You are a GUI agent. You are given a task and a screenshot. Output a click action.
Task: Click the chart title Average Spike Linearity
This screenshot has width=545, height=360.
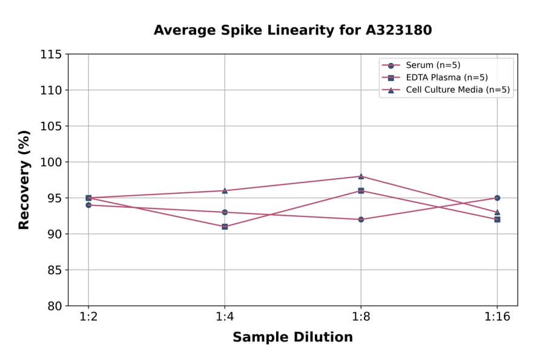292,30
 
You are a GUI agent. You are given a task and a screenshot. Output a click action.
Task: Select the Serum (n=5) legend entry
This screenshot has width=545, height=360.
429,65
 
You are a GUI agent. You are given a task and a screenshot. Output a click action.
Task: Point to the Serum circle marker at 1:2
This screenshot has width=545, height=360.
88,205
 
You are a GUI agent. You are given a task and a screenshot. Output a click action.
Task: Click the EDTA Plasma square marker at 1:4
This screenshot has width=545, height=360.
225,227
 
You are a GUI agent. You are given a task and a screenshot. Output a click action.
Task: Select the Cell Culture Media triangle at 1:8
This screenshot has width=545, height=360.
361,176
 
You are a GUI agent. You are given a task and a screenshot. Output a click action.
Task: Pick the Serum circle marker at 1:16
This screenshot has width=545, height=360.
497,198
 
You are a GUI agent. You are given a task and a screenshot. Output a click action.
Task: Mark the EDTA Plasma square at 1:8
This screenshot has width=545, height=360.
361,190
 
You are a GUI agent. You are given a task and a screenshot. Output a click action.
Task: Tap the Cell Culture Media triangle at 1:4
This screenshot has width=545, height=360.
225,190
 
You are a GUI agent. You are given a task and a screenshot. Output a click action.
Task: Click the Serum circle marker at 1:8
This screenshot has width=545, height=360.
361,219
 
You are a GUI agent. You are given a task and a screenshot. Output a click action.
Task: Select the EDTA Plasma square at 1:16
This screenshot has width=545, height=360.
497,219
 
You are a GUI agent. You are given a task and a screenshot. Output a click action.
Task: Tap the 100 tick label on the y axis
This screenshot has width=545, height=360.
51,162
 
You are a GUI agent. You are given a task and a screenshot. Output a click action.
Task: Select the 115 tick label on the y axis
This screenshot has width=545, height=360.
51,55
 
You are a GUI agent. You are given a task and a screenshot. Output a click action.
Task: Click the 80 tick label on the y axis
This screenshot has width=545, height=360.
54,305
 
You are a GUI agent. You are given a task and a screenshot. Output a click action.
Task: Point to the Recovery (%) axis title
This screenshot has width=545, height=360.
24,180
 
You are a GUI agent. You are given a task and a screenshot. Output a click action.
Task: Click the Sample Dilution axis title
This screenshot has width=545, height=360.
292,338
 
